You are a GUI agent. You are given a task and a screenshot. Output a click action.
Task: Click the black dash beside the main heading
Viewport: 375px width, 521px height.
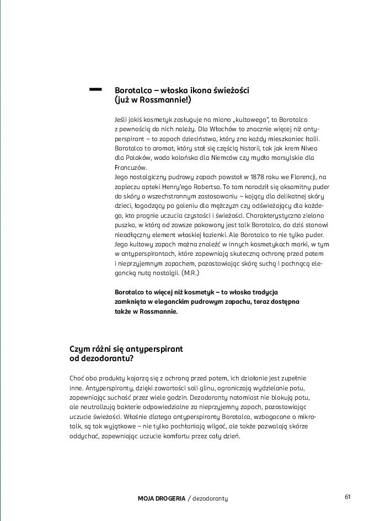[x=95, y=88]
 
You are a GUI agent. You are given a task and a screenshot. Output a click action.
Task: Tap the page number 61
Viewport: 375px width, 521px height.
[x=347, y=497]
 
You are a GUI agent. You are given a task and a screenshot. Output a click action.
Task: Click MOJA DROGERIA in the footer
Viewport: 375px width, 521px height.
[x=161, y=498]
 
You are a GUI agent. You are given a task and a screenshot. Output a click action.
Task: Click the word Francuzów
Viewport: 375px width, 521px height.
[x=131, y=167]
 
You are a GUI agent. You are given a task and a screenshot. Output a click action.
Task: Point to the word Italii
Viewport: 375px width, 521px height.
[x=310, y=138]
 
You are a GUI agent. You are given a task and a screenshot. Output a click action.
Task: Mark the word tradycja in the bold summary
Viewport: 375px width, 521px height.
[x=264, y=292]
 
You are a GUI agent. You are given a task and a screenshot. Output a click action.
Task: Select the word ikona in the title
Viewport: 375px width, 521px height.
[x=194, y=90]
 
